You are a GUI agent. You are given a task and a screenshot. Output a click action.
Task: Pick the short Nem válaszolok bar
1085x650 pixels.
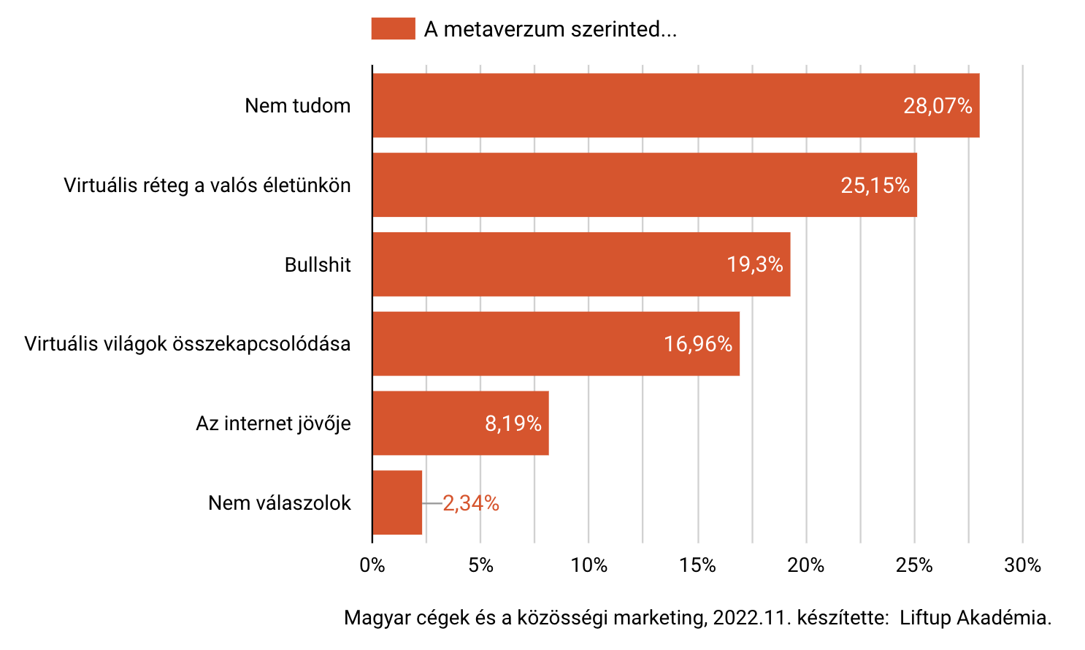[397, 502]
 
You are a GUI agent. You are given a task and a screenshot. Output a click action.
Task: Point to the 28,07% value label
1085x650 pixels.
[938, 106]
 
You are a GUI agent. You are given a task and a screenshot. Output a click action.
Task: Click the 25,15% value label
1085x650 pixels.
[875, 186]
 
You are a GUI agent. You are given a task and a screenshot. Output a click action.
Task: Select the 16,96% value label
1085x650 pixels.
[697, 344]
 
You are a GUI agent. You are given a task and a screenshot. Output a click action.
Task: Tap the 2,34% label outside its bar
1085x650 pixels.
[471, 503]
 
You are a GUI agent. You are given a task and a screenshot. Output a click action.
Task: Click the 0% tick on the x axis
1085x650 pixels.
[372, 565]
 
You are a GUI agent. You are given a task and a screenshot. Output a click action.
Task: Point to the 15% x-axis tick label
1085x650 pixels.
[697, 565]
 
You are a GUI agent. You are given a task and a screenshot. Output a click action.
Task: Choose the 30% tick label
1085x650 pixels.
[1022, 565]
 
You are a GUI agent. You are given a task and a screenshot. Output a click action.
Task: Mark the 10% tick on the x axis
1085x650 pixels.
[589, 565]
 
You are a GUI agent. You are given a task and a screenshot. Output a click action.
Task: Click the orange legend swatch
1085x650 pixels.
[393, 29]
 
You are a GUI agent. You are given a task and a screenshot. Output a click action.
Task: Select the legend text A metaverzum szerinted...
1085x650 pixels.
[550, 29]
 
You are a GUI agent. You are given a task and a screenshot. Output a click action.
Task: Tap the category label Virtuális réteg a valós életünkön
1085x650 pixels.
[207, 186]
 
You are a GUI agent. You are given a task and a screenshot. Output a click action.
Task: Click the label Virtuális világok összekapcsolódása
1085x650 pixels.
[188, 344]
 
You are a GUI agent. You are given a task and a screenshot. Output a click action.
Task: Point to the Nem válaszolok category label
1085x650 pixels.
[280, 503]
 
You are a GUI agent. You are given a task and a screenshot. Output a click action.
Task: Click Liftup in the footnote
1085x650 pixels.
[925, 618]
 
